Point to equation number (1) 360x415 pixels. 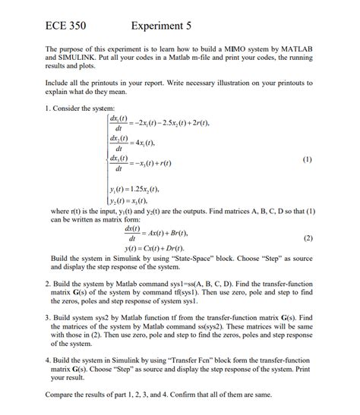pos(307,160)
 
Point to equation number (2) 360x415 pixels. pos(307,237)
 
